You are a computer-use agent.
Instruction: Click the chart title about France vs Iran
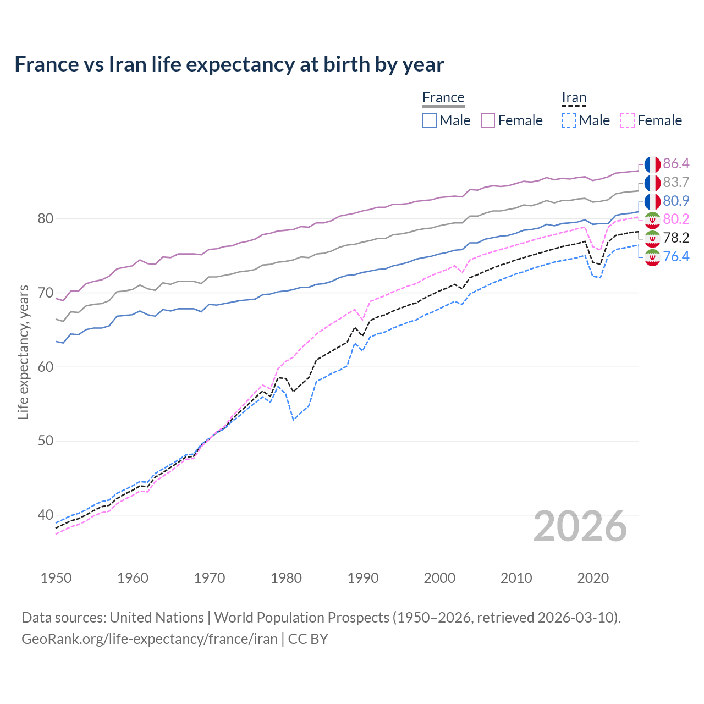[229, 64]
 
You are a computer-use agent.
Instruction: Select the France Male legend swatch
[430, 120]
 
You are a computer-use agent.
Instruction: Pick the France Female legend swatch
[488, 120]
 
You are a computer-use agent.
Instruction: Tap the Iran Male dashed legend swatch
[569, 120]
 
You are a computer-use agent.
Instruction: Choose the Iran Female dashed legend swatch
[628, 120]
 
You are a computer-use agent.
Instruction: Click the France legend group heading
[443, 97]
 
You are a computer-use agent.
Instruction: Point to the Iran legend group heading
[574, 97]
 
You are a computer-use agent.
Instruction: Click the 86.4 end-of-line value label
[676, 163]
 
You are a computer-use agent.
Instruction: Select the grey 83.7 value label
[676, 182]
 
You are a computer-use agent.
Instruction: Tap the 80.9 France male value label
[676, 201]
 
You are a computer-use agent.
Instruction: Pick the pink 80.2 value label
[676, 219]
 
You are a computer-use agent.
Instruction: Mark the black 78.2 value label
[676, 238]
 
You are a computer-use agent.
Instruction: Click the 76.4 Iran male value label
[676, 256]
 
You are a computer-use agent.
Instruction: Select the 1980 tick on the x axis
[286, 578]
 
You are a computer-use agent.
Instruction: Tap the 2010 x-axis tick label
[516, 578]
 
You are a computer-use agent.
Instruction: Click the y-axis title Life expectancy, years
[23, 352]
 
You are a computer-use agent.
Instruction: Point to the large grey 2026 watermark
[580, 526]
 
